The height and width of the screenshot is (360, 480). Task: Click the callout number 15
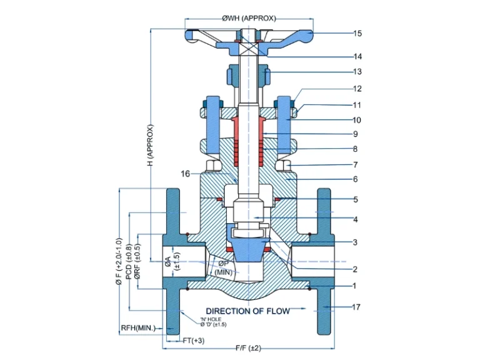click(x=357, y=33)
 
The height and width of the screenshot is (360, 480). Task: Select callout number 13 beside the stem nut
click(x=357, y=72)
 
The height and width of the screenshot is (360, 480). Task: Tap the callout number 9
click(x=355, y=134)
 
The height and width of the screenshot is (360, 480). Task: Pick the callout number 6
click(x=355, y=179)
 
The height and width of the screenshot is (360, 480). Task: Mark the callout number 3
click(x=355, y=242)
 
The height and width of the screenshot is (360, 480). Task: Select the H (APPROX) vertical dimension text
click(x=150, y=145)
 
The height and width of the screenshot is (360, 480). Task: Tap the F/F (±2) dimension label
click(x=248, y=347)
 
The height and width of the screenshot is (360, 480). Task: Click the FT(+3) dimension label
click(x=193, y=341)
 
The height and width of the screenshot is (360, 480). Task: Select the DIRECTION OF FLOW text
click(x=247, y=311)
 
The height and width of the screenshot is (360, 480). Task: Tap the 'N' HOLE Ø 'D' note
click(x=213, y=322)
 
